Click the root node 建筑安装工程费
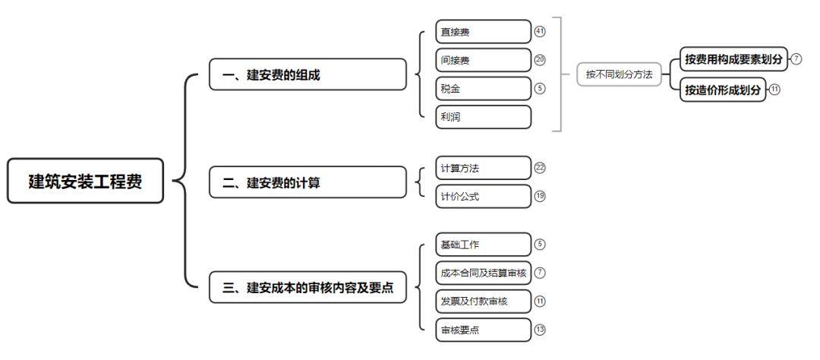(x=85, y=181)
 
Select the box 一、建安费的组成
(x=307, y=74)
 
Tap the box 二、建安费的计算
(x=307, y=182)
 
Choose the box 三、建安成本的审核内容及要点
(x=307, y=287)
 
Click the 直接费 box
(x=483, y=31)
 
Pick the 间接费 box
(x=483, y=60)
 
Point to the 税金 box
(x=483, y=88)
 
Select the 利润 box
(x=483, y=117)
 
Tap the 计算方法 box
(x=483, y=168)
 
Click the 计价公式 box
(x=483, y=196)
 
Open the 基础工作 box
(x=483, y=245)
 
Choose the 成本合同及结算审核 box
(x=483, y=273)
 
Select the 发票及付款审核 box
(x=483, y=302)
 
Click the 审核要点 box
(x=483, y=330)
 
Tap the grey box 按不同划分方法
(x=620, y=74)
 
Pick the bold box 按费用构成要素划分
(x=733, y=59)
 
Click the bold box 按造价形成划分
(x=723, y=90)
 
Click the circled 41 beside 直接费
(x=540, y=31)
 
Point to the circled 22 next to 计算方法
(x=540, y=168)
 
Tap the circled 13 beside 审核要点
(x=540, y=330)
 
